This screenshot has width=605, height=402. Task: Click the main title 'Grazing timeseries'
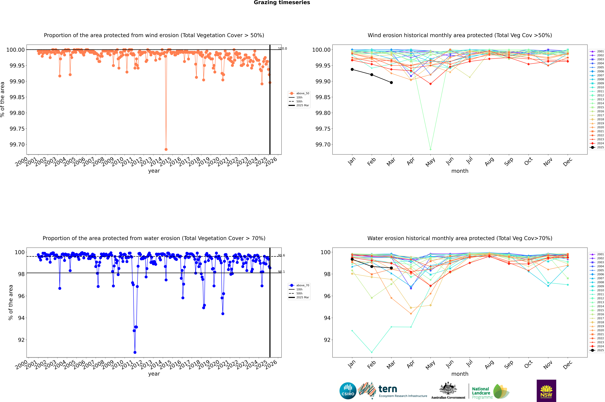coord(282,3)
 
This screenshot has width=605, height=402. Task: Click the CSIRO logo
coord(348,391)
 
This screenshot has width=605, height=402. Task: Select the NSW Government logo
coord(546,391)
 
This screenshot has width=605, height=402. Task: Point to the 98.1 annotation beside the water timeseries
coord(281,272)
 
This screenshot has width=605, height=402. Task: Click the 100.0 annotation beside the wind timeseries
coord(282,48)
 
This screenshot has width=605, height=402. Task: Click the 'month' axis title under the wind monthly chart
coord(460,171)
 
